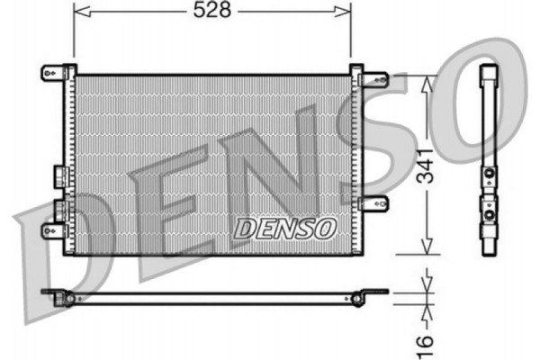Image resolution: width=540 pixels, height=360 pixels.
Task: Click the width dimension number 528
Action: (211, 10)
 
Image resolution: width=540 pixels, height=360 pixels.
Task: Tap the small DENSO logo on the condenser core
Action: (284, 229)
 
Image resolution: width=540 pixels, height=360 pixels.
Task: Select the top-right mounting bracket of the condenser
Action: (369, 77)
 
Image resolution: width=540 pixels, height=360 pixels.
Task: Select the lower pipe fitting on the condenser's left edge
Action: (59, 209)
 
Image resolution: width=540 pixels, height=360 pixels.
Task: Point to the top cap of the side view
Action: (490, 72)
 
